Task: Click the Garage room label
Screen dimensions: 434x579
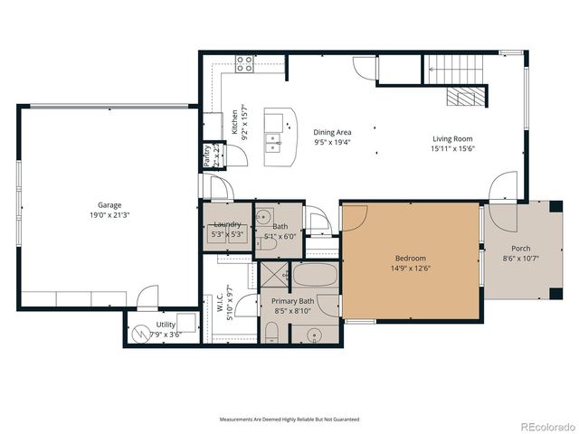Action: (109, 205)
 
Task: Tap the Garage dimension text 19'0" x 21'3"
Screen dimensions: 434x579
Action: (109, 216)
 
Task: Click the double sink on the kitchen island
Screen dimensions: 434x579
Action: (273, 141)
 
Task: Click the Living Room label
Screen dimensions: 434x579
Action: (452, 139)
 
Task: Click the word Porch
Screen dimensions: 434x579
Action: (520, 249)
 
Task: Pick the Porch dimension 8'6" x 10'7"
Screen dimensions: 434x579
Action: (520, 259)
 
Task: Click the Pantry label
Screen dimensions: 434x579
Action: (207, 154)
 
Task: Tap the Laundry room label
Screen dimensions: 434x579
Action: (226, 223)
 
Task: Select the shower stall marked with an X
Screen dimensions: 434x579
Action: (273, 274)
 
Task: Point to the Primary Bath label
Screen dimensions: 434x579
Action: (293, 301)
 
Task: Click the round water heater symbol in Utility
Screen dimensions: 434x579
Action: (139, 333)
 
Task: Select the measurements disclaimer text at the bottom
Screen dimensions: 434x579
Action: (289, 420)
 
